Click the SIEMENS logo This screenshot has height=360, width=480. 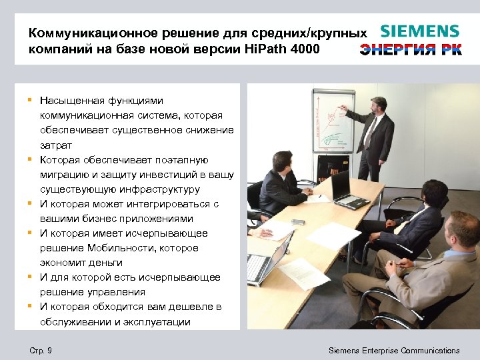tap(419, 31)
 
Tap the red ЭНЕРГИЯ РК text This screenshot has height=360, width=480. tap(411, 50)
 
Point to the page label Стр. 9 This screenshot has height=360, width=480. tap(41, 351)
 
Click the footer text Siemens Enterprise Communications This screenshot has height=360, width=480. tap(394, 351)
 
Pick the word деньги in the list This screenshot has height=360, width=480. tap(105, 263)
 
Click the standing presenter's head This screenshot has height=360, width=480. tap(379, 105)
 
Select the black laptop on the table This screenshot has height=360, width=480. tap(345, 189)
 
